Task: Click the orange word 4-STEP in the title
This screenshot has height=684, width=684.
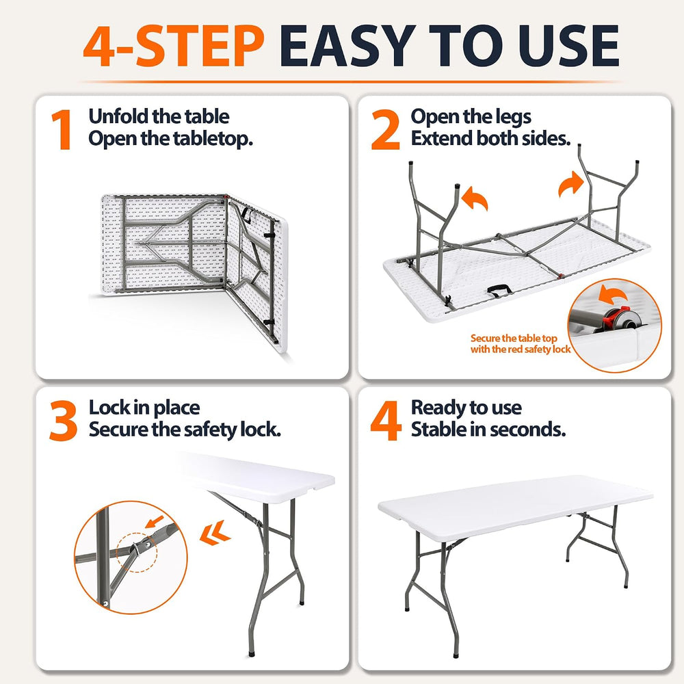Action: [174, 45]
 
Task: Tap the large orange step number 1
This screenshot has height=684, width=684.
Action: [62, 129]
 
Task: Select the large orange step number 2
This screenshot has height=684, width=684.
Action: [385, 129]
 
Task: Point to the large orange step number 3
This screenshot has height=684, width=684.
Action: [64, 421]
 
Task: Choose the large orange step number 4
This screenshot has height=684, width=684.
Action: [386, 421]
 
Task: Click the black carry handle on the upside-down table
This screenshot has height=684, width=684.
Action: [500, 290]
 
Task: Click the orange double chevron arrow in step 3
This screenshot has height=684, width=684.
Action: [215, 533]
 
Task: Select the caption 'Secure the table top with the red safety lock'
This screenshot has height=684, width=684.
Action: [521, 344]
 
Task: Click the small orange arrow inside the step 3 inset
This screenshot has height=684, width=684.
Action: [155, 521]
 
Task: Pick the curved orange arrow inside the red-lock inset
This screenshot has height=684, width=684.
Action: [612, 295]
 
